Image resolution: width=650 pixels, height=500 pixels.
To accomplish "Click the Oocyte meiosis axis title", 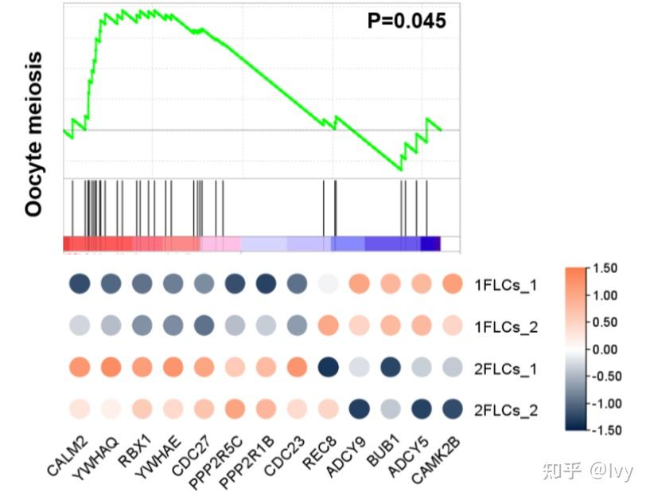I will (x=33, y=135).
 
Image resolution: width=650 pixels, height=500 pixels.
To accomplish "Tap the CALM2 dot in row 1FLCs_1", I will (x=79, y=283).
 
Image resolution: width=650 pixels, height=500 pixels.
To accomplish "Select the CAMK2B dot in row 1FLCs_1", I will (x=451, y=283).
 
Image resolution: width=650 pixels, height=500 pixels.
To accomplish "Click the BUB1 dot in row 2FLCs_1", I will (x=389, y=368).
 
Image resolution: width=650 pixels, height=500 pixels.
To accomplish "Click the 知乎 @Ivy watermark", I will (x=587, y=471).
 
